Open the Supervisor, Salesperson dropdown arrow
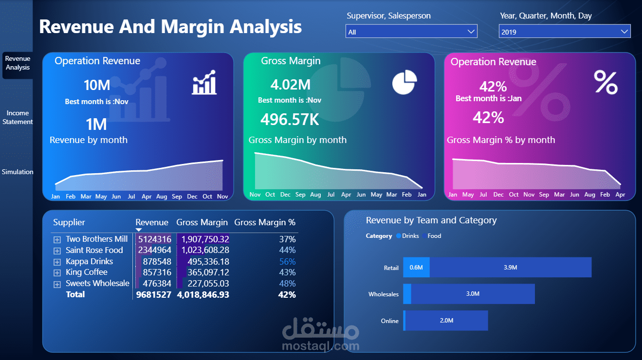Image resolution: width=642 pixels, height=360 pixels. point(471,32)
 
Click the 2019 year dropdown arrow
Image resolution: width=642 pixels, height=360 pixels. point(624,32)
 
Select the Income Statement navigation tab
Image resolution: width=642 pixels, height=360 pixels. point(18,118)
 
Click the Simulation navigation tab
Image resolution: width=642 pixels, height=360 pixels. point(18,172)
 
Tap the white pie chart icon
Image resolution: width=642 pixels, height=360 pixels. point(404,82)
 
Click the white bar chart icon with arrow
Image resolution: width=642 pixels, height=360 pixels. point(204,82)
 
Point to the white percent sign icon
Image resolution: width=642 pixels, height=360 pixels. point(605,82)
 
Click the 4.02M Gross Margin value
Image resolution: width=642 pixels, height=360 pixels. point(290,85)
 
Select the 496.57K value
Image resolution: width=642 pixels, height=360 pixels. point(290,119)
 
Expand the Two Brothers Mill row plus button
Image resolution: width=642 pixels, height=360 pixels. point(57,239)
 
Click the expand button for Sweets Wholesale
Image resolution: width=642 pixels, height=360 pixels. point(57,284)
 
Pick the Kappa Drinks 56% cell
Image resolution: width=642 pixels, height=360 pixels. point(287,261)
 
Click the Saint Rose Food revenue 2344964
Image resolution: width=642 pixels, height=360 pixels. point(154,250)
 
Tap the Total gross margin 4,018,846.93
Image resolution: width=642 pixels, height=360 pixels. point(203,294)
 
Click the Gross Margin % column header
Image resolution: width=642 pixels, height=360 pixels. point(265,222)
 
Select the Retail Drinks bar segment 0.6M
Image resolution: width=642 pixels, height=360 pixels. point(416,268)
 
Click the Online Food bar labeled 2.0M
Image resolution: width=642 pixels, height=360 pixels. point(446,321)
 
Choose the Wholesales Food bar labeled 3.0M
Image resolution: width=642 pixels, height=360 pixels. point(473,294)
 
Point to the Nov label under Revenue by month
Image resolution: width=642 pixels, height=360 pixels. point(222,197)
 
